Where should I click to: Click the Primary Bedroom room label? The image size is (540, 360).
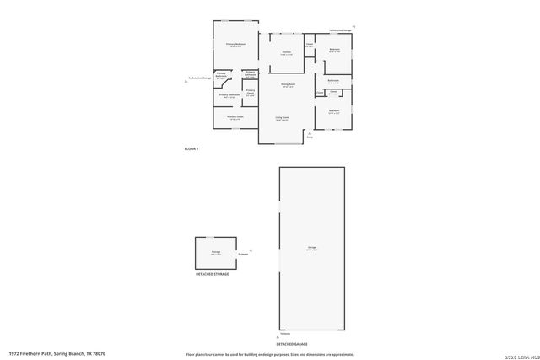[x=235, y=44]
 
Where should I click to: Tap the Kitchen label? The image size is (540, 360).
[x=287, y=52]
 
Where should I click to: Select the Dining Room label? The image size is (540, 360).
[x=287, y=83]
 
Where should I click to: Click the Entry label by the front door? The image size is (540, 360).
[x=310, y=137]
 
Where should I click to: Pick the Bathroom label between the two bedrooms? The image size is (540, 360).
[x=333, y=81]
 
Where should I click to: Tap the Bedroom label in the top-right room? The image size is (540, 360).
[x=334, y=50]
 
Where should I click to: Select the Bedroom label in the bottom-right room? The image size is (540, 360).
[x=334, y=110]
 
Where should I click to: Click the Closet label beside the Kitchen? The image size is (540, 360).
[x=310, y=44]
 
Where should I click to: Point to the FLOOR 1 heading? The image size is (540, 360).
[x=191, y=148]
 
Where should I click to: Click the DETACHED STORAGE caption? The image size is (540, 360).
[x=212, y=274]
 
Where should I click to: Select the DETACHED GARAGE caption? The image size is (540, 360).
[x=291, y=345]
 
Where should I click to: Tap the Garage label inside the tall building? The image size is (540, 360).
[x=311, y=248]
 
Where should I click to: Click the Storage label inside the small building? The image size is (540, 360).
[x=216, y=251]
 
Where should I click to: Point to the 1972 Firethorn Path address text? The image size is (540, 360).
[x=57, y=354]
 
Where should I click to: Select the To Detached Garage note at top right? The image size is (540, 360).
[x=341, y=30]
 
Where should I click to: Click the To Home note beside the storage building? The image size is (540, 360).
[x=242, y=254]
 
